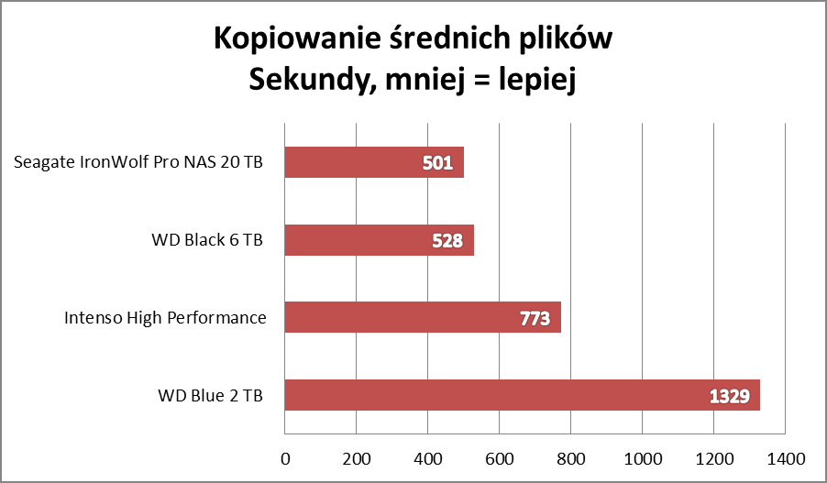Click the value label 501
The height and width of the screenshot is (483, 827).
point(436,164)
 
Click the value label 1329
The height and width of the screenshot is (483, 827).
point(730,397)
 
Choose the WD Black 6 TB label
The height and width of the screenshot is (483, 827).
point(207,241)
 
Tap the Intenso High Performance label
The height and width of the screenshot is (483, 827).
point(165,318)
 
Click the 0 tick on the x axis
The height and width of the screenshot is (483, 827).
point(285,457)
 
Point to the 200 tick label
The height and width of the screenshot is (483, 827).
point(356,457)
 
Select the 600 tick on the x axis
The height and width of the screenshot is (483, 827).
point(499,457)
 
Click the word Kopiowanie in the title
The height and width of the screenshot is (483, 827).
point(284,40)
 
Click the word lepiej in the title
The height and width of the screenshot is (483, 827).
point(536,82)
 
